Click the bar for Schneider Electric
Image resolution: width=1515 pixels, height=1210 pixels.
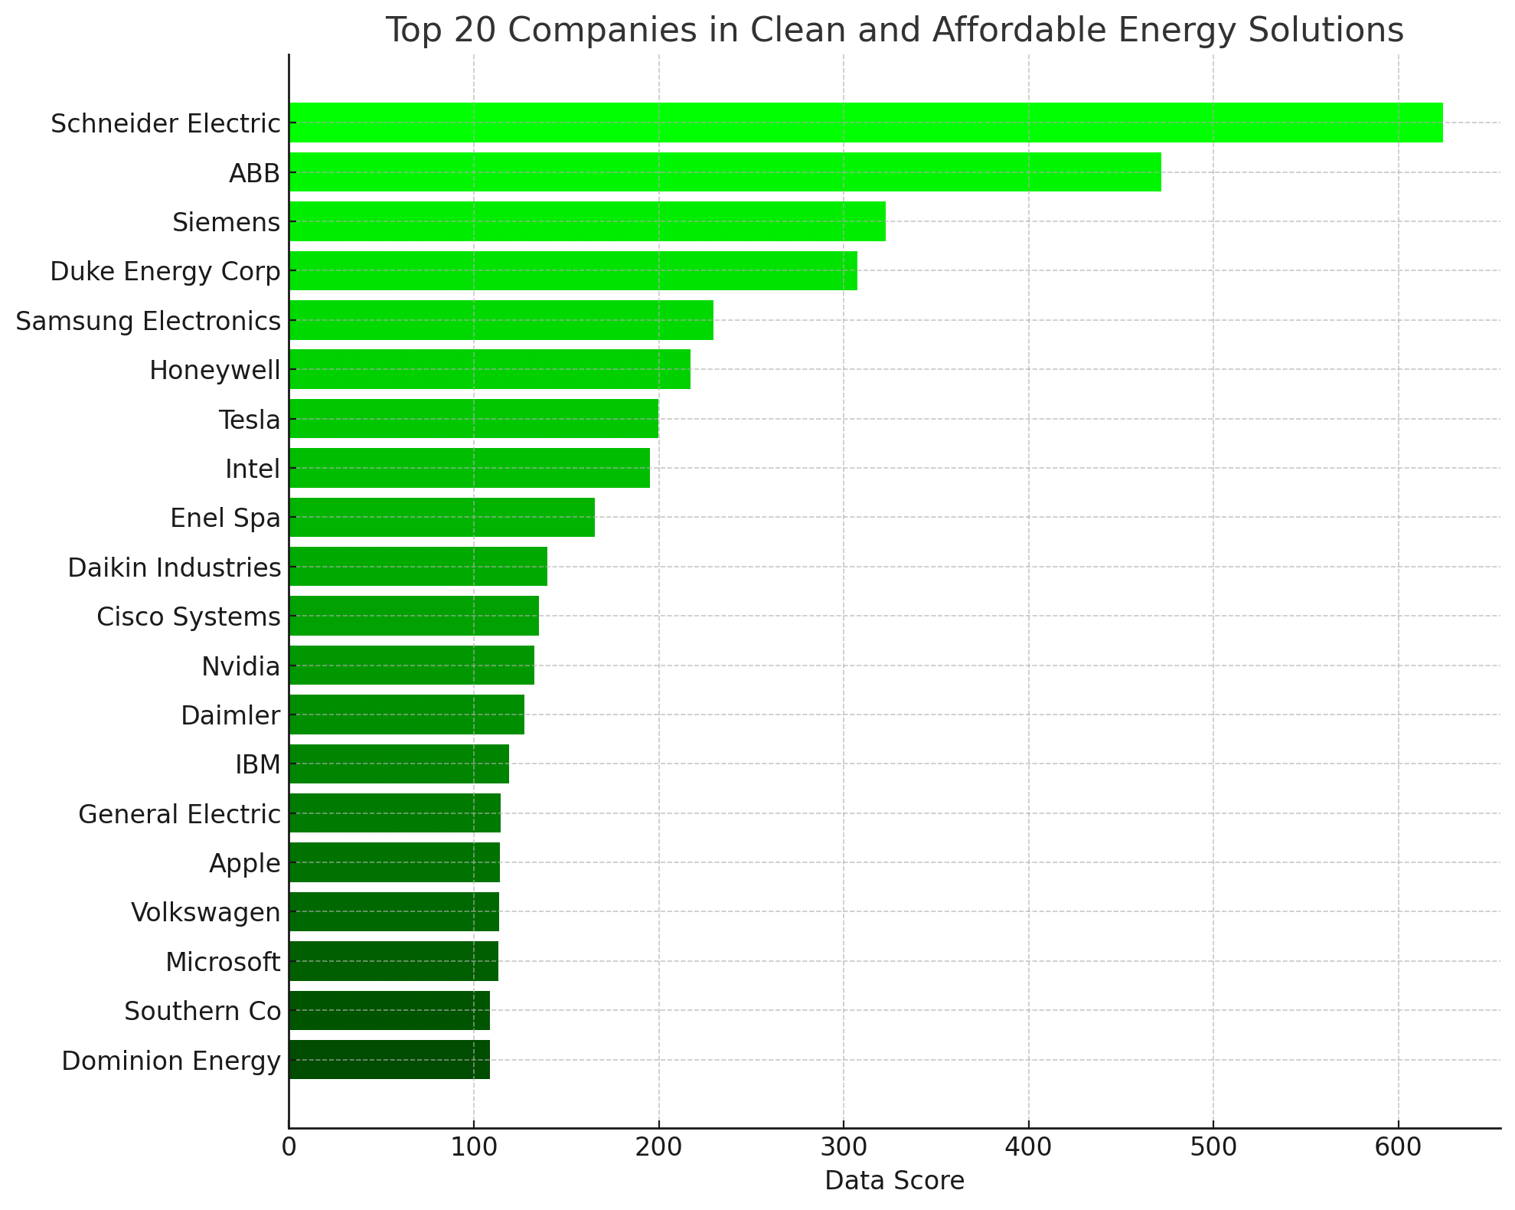(x=865, y=123)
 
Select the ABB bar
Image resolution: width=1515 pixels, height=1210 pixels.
(x=724, y=172)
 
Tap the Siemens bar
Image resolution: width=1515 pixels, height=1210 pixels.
(x=586, y=221)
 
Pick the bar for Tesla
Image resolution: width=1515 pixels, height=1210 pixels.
(x=473, y=419)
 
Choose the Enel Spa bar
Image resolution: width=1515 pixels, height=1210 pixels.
(x=441, y=518)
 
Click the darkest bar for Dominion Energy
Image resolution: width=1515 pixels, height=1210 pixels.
(x=389, y=1060)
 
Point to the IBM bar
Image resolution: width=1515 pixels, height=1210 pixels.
(x=398, y=764)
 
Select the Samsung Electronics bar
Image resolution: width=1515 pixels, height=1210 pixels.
(x=501, y=320)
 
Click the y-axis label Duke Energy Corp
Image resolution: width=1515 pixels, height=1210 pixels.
(x=165, y=272)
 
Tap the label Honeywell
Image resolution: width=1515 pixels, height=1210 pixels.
(x=214, y=371)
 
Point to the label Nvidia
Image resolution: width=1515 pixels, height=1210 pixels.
(x=240, y=666)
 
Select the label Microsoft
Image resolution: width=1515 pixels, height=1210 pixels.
(x=223, y=962)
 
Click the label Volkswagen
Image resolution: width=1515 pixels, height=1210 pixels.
(x=205, y=913)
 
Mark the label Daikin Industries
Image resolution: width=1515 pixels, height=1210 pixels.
(x=174, y=567)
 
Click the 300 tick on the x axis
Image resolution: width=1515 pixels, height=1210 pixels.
(x=843, y=1148)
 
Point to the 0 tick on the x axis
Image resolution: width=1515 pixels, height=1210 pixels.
(x=289, y=1148)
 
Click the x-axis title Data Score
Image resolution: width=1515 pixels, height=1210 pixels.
(x=894, y=1181)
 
